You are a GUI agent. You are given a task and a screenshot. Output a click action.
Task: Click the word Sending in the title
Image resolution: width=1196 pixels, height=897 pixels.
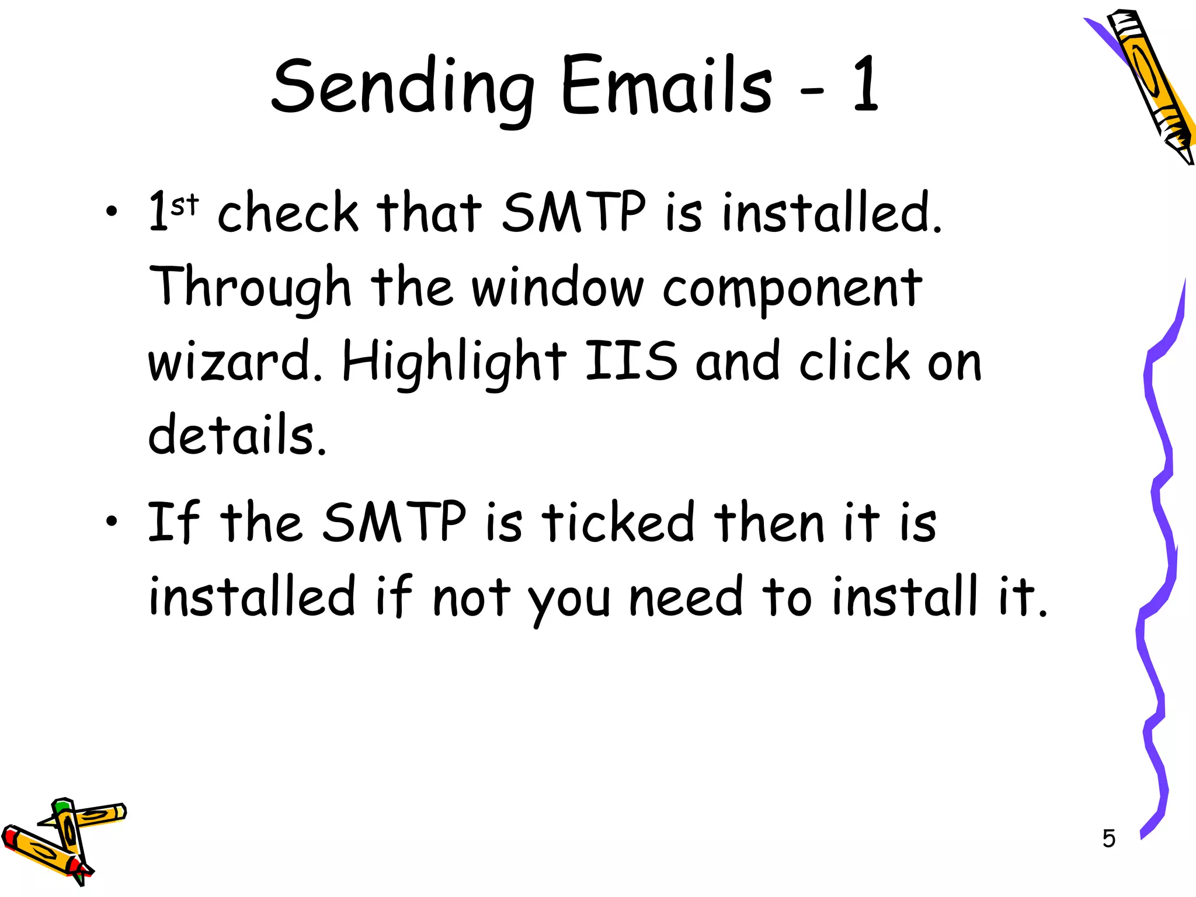pyautogui.click(x=402, y=88)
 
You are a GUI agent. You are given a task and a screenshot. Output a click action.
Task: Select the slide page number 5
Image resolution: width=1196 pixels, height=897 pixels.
pyautogui.click(x=1108, y=839)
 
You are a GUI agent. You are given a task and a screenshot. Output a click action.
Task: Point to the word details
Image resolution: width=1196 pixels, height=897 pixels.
pyautogui.click(x=236, y=434)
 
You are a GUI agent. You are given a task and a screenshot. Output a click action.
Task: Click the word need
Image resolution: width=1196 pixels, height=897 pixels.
pyautogui.click(x=686, y=597)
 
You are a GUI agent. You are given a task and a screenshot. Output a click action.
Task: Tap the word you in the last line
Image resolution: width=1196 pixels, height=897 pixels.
pyautogui.click(x=568, y=600)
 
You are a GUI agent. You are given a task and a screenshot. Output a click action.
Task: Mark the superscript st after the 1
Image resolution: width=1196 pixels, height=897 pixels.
pyautogui.click(x=185, y=204)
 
